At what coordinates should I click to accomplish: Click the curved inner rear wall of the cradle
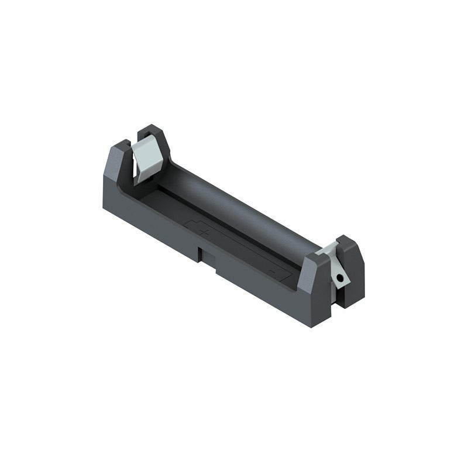[x=234, y=205]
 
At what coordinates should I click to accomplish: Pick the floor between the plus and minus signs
[x=237, y=252]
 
